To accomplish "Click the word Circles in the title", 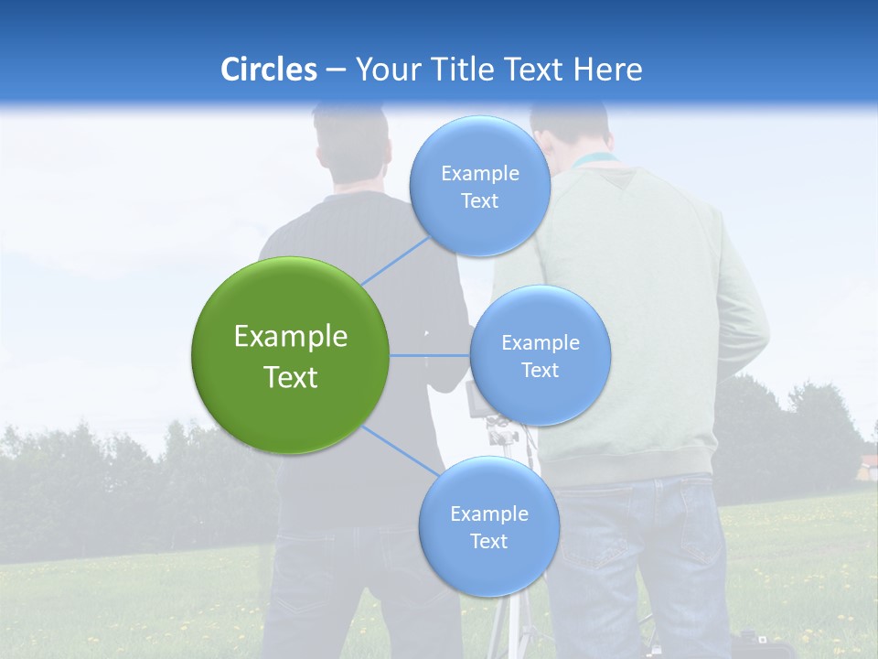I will pyautogui.click(x=269, y=70).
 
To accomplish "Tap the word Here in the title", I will pyautogui.click(x=607, y=70).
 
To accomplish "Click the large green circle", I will pyautogui.click(x=291, y=355).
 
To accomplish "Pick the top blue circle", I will pyautogui.click(x=479, y=186).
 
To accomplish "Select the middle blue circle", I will pyautogui.click(x=540, y=355).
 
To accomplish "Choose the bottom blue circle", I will pyautogui.click(x=488, y=526).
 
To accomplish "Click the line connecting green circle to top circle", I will pyautogui.click(x=394, y=259).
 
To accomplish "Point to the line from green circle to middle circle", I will pyautogui.click(x=430, y=355).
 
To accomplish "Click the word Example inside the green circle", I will pyautogui.click(x=291, y=337).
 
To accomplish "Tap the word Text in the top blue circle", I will pyautogui.click(x=479, y=201).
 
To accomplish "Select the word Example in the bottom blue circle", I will pyautogui.click(x=488, y=513).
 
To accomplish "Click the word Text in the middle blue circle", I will pyautogui.click(x=540, y=371).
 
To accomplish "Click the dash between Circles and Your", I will pyautogui.click(x=336, y=70).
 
